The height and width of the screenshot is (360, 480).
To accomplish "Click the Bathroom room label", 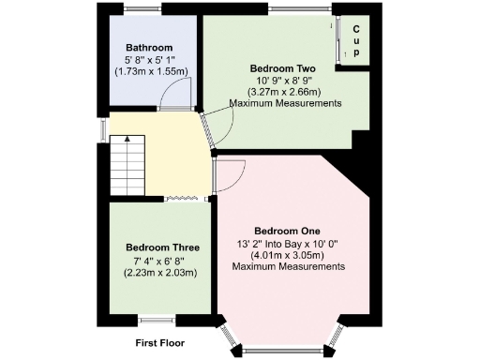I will tap(150, 48).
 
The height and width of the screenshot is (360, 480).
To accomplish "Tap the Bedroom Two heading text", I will tap(281, 68).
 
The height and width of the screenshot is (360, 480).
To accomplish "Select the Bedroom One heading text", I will tap(288, 231).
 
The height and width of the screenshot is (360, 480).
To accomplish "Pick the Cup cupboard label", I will tap(357, 40).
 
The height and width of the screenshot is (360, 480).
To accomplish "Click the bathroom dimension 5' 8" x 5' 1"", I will tap(150, 59).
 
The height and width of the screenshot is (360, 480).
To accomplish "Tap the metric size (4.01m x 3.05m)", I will tap(288, 254).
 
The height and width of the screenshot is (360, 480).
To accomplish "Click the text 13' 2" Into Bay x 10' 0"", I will tap(288, 243).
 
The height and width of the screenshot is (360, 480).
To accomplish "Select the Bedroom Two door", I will tap(211, 129).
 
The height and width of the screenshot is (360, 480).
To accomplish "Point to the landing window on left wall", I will tap(103, 127).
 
